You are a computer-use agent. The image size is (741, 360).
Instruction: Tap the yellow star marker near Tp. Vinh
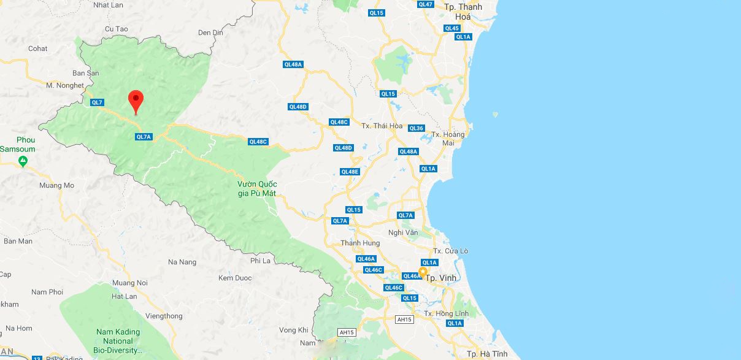423,271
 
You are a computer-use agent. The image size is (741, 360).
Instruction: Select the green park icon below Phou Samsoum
23,161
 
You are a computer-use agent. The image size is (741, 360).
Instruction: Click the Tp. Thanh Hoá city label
463,12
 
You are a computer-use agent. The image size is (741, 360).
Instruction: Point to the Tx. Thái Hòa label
382,126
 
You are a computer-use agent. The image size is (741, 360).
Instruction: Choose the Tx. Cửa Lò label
450,251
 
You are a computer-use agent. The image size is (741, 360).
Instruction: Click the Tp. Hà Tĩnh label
487,354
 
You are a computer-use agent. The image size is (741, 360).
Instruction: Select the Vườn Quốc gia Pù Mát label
257,189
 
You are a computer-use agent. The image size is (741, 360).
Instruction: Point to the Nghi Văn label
403,232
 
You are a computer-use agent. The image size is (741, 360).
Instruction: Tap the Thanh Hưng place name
360,243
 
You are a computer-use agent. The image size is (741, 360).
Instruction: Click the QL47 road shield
425,4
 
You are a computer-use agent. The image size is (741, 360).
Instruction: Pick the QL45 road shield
452,28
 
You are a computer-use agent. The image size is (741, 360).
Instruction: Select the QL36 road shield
416,128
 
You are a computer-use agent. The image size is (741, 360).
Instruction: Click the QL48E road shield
350,172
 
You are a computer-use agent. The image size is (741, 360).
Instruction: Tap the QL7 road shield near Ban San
97,102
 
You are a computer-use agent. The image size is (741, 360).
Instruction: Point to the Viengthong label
164,316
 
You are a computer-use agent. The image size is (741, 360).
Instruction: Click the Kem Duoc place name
235,278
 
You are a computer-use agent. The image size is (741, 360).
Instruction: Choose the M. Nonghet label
64,85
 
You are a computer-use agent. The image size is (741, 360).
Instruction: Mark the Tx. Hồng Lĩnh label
446,313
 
